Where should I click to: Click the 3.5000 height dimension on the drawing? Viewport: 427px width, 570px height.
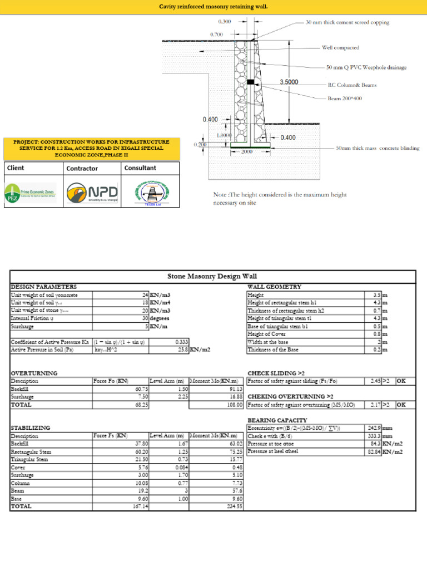point(289,82)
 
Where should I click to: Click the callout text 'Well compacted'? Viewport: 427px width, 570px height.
point(340,48)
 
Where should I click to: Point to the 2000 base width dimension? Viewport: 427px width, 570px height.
point(247,152)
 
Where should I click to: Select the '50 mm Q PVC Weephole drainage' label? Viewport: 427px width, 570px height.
point(366,67)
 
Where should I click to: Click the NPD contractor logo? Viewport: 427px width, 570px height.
point(92,193)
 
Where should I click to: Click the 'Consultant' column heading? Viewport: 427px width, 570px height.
point(140,168)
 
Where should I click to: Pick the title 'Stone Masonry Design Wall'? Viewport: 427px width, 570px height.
point(212,276)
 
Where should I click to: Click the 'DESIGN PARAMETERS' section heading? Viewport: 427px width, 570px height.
point(44,286)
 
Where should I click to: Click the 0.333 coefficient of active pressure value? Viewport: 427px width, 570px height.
point(180,342)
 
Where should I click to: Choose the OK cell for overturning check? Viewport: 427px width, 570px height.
point(401,405)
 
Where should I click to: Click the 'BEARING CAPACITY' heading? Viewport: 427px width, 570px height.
point(277,420)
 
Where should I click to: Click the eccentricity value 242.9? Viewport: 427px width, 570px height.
point(372,427)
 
